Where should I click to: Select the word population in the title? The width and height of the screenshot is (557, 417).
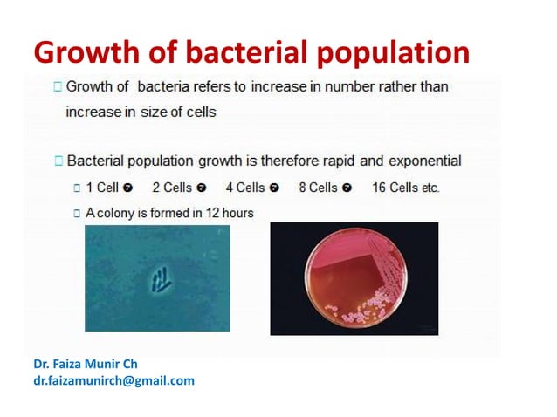391,54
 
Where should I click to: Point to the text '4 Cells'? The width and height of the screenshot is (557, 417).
244,188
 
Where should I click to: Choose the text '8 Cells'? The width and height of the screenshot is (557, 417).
318,188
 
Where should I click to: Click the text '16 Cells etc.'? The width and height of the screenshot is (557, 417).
406,188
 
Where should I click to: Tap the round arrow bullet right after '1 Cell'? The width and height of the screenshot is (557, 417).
127,188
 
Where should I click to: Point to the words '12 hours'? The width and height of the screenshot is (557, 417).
230,212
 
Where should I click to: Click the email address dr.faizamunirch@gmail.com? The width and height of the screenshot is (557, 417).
113,380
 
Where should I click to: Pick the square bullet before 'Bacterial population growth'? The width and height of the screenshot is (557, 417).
58,161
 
